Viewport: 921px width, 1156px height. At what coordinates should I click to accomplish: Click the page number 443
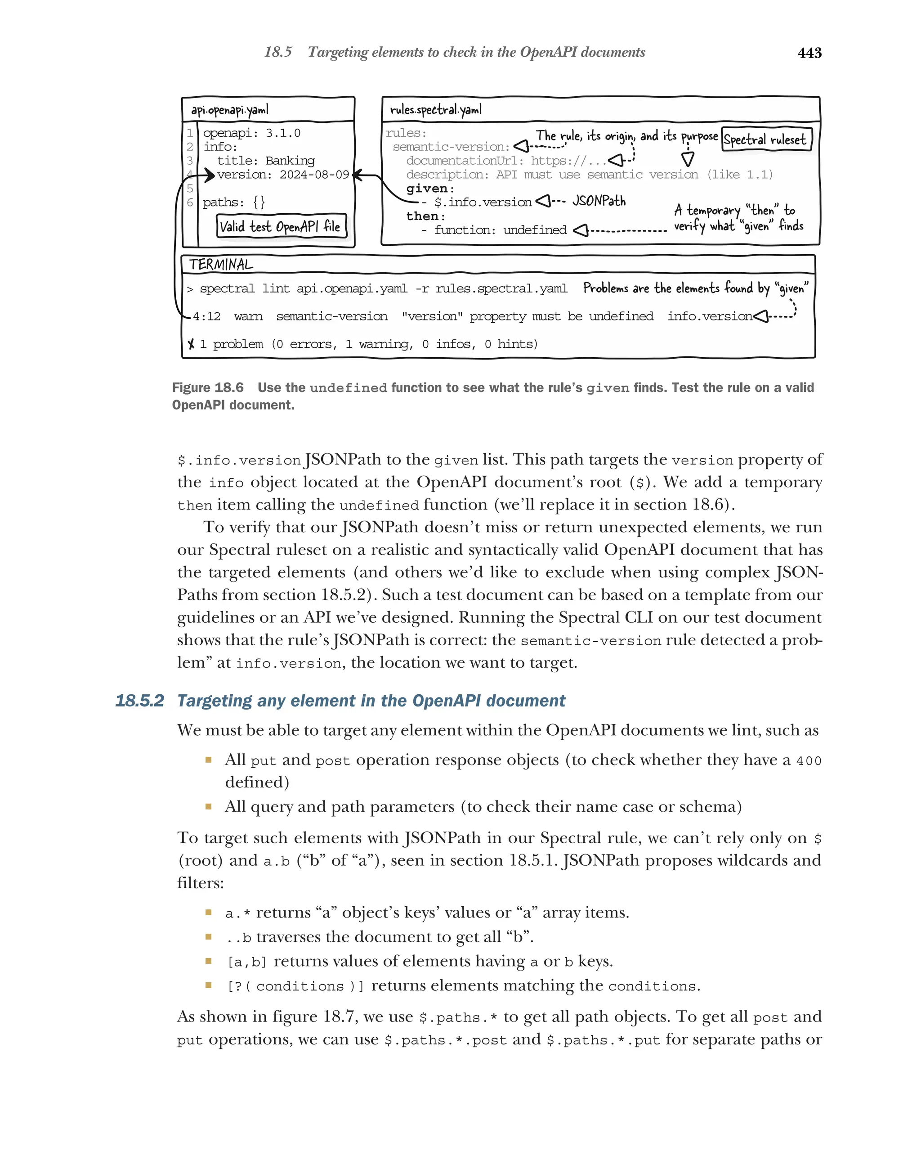pyautogui.click(x=809, y=53)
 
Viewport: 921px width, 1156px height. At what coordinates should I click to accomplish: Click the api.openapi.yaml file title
pyautogui.click(x=229, y=110)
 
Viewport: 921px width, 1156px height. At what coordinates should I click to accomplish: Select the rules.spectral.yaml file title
pyautogui.click(x=436, y=109)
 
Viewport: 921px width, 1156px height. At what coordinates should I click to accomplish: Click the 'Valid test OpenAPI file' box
pyautogui.click(x=281, y=226)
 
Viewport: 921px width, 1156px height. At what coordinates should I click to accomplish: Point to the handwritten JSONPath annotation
pyautogui.click(x=599, y=201)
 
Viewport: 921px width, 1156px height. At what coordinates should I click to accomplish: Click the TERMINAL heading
pyautogui.click(x=221, y=264)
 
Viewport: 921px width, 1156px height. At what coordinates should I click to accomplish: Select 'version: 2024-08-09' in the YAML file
pyautogui.click(x=282, y=174)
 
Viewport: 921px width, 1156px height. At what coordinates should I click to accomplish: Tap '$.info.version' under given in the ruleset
pyautogui.click(x=482, y=202)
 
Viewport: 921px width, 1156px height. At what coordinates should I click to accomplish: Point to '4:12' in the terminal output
pyautogui.click(x=206, y=316)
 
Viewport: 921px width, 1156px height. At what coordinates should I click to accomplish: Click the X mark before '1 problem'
pyautogui.click(x=191, y=344)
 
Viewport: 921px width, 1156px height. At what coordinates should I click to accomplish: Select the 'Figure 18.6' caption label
pyautogui.click(x=207, y=387)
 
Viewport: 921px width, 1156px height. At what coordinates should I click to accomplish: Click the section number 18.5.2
pyautogui.click(x=139, y=701)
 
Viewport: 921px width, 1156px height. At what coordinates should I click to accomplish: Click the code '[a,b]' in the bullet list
pyautogui.click(x=246, y=962)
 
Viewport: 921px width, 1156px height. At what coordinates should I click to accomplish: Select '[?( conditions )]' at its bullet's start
pyautogui.click(x=295, y=986)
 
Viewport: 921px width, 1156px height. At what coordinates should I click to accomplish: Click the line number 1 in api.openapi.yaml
pyautogui.click(x=190, y=133)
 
